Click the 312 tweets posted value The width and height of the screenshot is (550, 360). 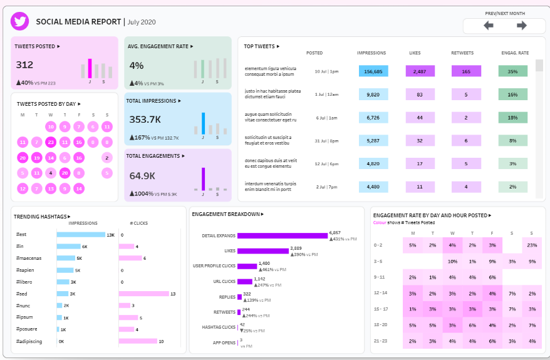pyautogui.click(x=25, y=65)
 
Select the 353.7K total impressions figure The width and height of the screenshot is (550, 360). pyautogui.click(x=145, y=120)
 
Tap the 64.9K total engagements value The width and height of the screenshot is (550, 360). pyautogui.click(x=142, y=176)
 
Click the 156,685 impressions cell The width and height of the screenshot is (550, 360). pyautogui.click(x=373, y=71)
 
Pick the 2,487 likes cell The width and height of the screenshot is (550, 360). pyautogui.click(x=420, y=71)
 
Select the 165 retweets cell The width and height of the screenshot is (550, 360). pyautogui.click(x=466, y=71)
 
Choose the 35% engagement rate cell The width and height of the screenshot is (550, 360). pyautogui.click(x=512, y=71)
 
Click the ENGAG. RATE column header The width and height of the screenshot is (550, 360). pyautogui.click(x=515, y=53)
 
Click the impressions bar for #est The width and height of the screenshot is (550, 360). pyautogui.click(x=81, y=235)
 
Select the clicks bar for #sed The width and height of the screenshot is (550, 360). pyautogui.click(x=143, y=294)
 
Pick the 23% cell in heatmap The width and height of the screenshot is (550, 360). pyautogui.click(x=531, y=245)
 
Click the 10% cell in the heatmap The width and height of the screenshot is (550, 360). pyautogui.click(x=452, y=261)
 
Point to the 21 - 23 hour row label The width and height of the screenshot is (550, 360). pyautogui.click(x=381, y=341)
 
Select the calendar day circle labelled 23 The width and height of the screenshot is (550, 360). pyautogui.click(x=51, y=142)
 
